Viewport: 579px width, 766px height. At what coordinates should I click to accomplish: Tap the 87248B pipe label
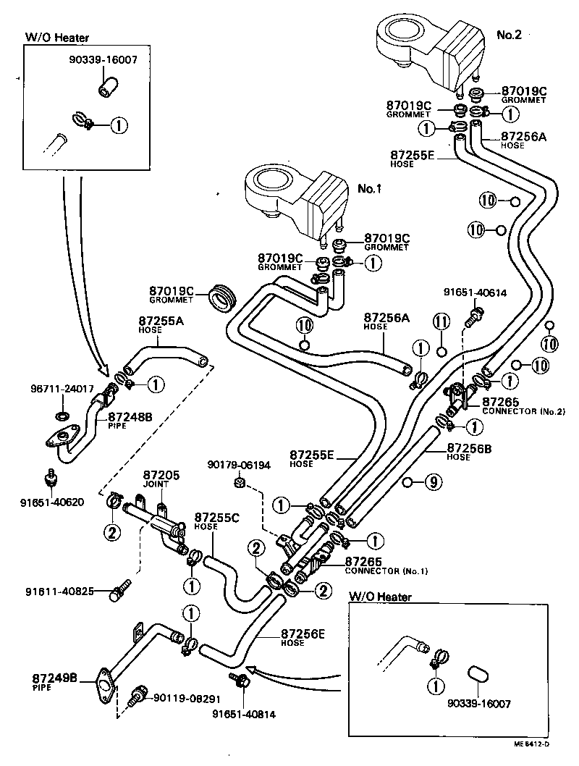coord(130,417)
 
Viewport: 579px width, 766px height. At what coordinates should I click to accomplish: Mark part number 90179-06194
coord(239,465)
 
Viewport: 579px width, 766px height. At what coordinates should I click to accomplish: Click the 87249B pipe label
coord(56,679)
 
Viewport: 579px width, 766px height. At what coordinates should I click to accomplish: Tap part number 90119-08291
coord(186,699)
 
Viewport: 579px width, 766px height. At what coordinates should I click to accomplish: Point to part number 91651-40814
coord(244,714)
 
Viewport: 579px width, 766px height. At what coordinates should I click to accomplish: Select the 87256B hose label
coord(470,448)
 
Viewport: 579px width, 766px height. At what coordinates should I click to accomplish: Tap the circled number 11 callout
coord(442,319)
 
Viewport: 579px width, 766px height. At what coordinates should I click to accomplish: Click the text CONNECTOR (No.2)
coord(524,411)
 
